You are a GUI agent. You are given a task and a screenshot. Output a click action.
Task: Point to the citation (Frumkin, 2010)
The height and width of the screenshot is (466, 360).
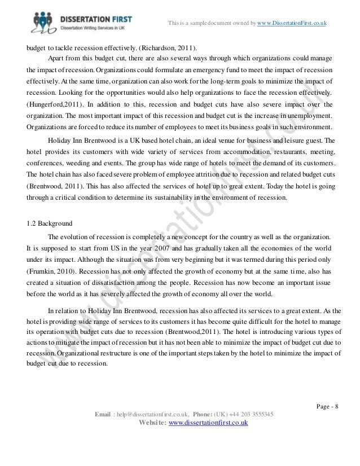point(50,271)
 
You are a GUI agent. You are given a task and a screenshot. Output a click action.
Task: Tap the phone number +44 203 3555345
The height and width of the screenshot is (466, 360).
point(253,415)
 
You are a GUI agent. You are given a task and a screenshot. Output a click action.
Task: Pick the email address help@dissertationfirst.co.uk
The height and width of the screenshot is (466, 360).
point(152,415)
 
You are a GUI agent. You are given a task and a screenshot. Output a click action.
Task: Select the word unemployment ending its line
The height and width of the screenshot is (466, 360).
point(310,115)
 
